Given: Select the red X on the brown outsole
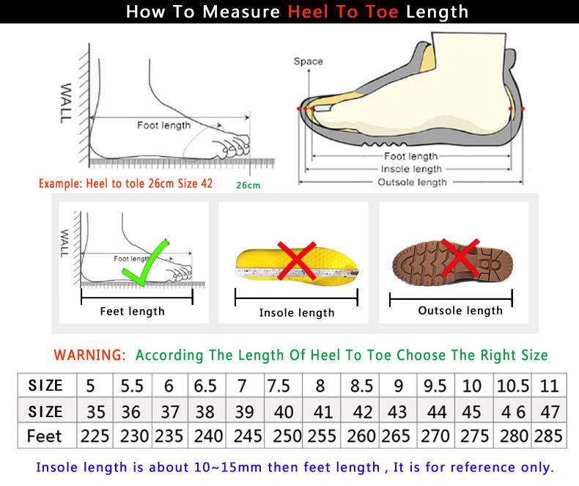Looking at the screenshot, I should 461,259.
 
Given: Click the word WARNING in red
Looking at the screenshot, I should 89,355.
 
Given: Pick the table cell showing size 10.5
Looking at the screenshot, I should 512,385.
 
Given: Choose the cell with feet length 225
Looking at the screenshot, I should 95,435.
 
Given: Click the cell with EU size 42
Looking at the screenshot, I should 361,410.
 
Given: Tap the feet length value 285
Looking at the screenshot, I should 549,435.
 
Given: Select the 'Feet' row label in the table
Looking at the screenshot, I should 44,435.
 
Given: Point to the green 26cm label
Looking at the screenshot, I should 248,185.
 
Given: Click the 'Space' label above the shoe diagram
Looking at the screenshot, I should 308,62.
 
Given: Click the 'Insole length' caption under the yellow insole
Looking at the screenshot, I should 297,313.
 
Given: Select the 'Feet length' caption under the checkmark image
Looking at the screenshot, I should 132,312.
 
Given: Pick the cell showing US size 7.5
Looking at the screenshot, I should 279,385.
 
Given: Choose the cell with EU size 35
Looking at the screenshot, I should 95,410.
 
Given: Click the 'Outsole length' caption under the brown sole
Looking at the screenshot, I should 460,311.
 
